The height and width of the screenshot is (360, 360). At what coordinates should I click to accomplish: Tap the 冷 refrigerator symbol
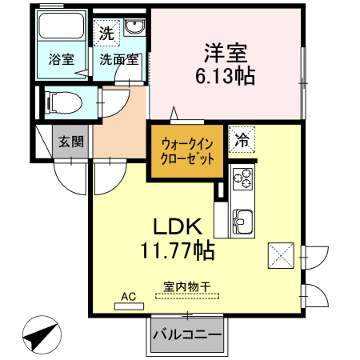(241, 139)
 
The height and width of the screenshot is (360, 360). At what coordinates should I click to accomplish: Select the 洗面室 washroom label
(119, 59)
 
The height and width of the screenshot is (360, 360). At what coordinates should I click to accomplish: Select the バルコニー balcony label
(186, 334)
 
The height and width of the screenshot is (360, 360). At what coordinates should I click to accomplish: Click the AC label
(128, 295)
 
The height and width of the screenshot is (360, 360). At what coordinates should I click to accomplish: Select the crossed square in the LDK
(281, 255)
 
